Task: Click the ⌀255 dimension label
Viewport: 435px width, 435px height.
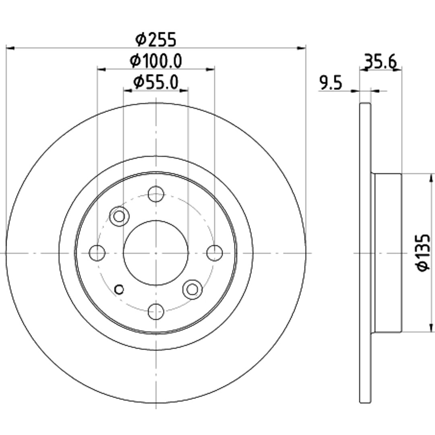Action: (x=155, y=39)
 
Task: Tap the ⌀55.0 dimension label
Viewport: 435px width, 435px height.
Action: (x=155, y=83)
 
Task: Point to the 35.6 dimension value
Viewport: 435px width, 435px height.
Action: (x=380, y=62)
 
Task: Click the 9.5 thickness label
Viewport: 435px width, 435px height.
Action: (x=331, y=83)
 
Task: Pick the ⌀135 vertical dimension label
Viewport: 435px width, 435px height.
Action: (x=423, y=253)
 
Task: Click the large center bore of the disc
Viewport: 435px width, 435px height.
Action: (x=156, y=253)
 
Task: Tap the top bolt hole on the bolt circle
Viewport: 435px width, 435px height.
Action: (x=156, y=194)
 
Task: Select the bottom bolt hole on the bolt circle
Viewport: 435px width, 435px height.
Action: (x=156, y=311)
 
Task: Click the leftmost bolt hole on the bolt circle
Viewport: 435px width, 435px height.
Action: (x=97, y=253)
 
